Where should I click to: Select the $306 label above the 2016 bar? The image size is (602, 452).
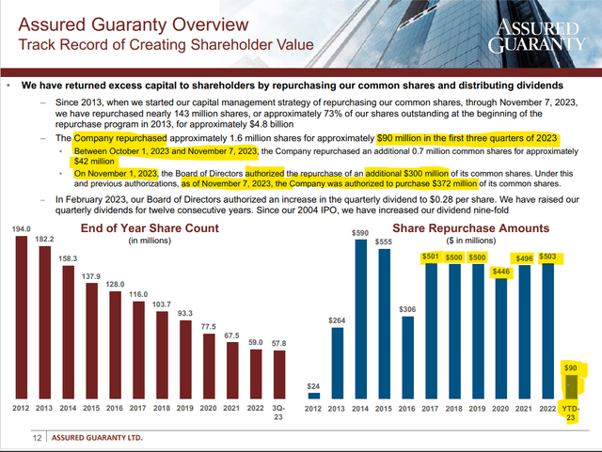[x=406, y=309]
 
